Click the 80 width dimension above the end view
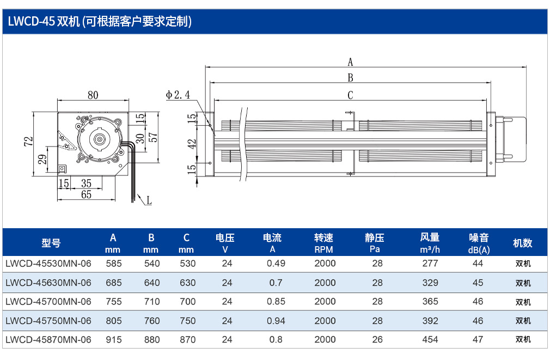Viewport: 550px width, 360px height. [93, 95]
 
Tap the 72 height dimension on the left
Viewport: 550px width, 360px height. [28, 142]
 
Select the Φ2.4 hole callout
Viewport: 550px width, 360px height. [178, 95]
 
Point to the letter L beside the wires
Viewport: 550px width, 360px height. [149, 201]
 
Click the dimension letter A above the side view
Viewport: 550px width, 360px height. [350, 62]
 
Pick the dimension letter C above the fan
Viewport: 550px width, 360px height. [350, 95]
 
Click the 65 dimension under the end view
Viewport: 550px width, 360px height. [86, 194]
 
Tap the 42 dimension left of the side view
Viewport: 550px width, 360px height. [192, 144]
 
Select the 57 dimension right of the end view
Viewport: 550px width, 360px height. [153, 137]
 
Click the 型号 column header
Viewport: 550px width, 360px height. [51, 243]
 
